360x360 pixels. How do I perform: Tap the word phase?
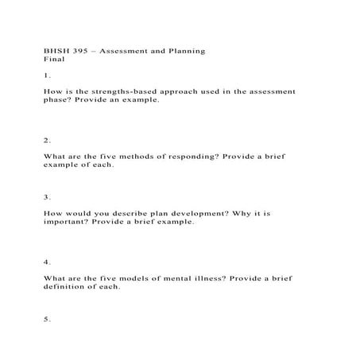(x=58, y=101)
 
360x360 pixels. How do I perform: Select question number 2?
(x=47, y=140)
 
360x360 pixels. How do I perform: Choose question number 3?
(x=47, y=196)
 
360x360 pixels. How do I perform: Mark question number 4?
(x=47, y=261)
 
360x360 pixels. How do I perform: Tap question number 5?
(x=47, y=319)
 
